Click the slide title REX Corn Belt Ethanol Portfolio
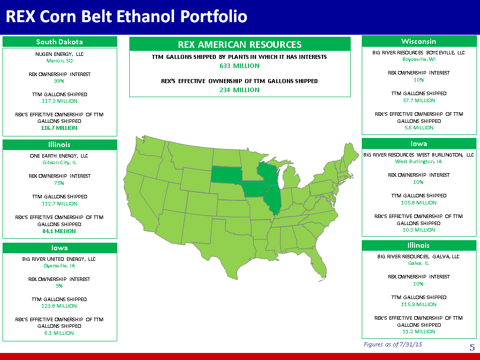tap(126, 16)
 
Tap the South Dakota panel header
tap(60, 42)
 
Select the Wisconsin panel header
tap(419, 41)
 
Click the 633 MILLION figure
tap(239, 65)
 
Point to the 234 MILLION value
tap(239, 90)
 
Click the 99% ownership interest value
tap(59, 81)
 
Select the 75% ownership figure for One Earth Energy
tap(59, 183)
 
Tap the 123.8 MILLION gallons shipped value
tap(59, 306)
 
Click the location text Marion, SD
tap(59, 60)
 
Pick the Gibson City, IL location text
tap(59, 163)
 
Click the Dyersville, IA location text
tap(59, 266)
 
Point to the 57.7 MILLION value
tap(419, 101)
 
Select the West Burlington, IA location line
tap(418, 162)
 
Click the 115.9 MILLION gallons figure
tap(419, 304)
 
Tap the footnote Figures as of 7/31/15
tap(393, 344)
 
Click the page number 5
tap(472, 347)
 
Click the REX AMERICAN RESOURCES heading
tap(239, 45)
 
